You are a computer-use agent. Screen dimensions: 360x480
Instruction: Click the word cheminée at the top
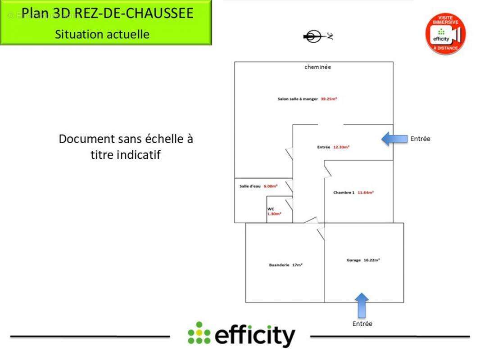[x=317, y=67]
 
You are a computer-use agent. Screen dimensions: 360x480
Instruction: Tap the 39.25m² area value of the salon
[x=329, y=99]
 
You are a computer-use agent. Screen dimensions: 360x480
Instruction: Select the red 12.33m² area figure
[x=341, y=147]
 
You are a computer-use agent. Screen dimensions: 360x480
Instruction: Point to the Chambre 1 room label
[x=344, y=193]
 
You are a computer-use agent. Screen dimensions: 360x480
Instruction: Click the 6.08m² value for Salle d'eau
[x=271, y=186]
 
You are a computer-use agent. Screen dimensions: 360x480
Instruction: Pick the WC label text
[x=271, y=209]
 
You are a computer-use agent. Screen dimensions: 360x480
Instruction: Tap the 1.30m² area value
[x=274, y=214]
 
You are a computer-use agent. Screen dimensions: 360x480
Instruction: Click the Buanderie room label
[x=279, y=265]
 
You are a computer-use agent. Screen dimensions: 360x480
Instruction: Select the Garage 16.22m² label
[x=363, y=260]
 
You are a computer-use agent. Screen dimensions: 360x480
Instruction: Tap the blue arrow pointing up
[x=361, y=305]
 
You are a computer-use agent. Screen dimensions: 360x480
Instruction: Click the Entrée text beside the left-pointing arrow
[x=420, y=139]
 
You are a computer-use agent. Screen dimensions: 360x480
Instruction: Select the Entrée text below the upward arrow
[x=362, y=324]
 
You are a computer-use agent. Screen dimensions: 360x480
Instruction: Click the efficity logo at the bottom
[x=242, y=335]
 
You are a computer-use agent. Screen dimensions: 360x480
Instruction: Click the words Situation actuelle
[x=102, y=34]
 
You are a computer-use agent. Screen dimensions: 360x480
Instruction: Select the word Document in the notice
[x=87, y=139]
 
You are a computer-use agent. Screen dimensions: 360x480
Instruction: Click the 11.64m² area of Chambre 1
[x=366, y=193]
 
